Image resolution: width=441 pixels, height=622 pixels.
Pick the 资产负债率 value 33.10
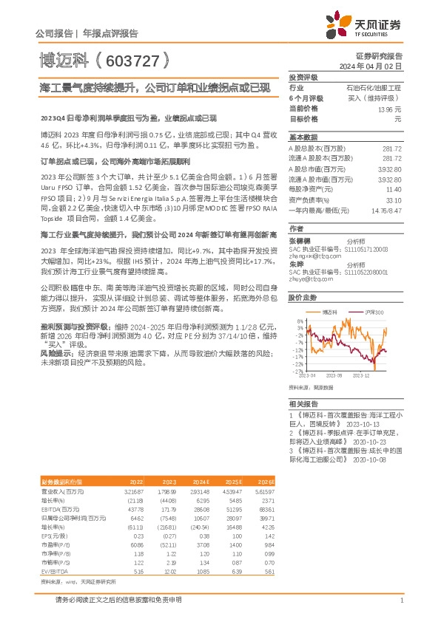click(x=393, y=199)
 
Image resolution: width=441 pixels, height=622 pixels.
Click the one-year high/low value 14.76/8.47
click(x=386, y=210)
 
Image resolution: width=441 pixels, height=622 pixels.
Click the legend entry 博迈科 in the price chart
click(x=331, y=313)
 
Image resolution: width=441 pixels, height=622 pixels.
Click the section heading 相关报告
click(x=303, y=404)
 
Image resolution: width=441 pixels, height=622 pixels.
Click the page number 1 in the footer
click(x=400, y=602)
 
